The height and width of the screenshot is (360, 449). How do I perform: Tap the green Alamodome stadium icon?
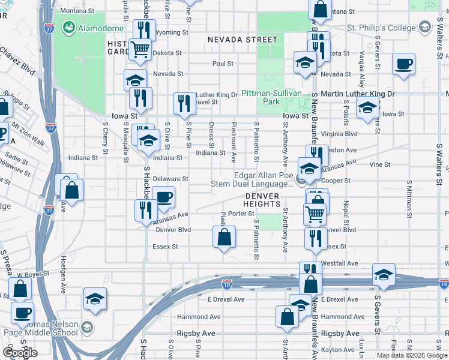click(68, 28)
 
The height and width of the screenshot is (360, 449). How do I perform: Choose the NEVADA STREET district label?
click(243, 40)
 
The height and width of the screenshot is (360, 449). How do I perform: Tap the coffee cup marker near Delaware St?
click(163, 196)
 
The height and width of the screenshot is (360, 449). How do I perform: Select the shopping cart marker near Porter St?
click(315, 212)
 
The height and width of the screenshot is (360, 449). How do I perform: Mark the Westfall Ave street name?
click(340, 263)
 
